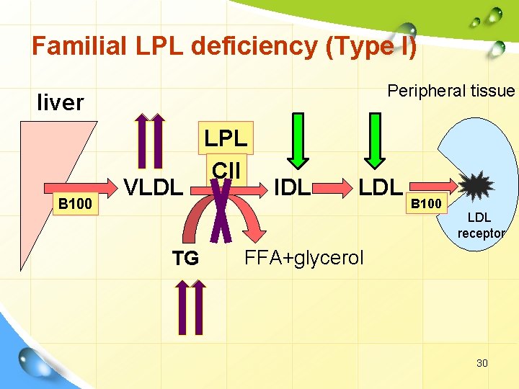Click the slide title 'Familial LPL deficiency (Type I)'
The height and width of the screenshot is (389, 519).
pos(223,47)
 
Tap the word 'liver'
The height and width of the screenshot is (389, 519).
pos(61,103)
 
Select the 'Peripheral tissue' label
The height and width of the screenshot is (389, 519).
pos(451,91)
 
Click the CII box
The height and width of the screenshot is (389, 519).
pos(226,171)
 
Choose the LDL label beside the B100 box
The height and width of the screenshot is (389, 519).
pos(380,187)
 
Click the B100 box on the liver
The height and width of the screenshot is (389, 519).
pos(75,204)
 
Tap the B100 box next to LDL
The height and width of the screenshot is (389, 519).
pos(426,204)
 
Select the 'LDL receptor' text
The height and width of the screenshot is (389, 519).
pos(481,225)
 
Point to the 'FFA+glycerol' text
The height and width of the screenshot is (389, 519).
pos(304,257)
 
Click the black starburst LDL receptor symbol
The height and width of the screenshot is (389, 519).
pos(476,187)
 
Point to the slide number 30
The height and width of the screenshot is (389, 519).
pos(482,363)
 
